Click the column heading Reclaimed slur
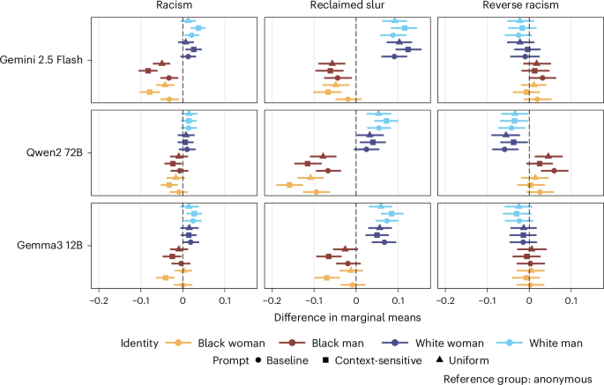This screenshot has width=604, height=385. click(x=355, y=7)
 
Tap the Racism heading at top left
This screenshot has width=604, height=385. click(x=183, y=7)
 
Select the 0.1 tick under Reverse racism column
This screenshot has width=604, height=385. click(x=571, y=300)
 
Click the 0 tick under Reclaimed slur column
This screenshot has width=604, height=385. click(x=355, y=300)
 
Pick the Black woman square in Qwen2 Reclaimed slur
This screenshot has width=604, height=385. click(x=289, y=184)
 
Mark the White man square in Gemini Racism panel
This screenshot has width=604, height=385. click(x=198, y=28)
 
